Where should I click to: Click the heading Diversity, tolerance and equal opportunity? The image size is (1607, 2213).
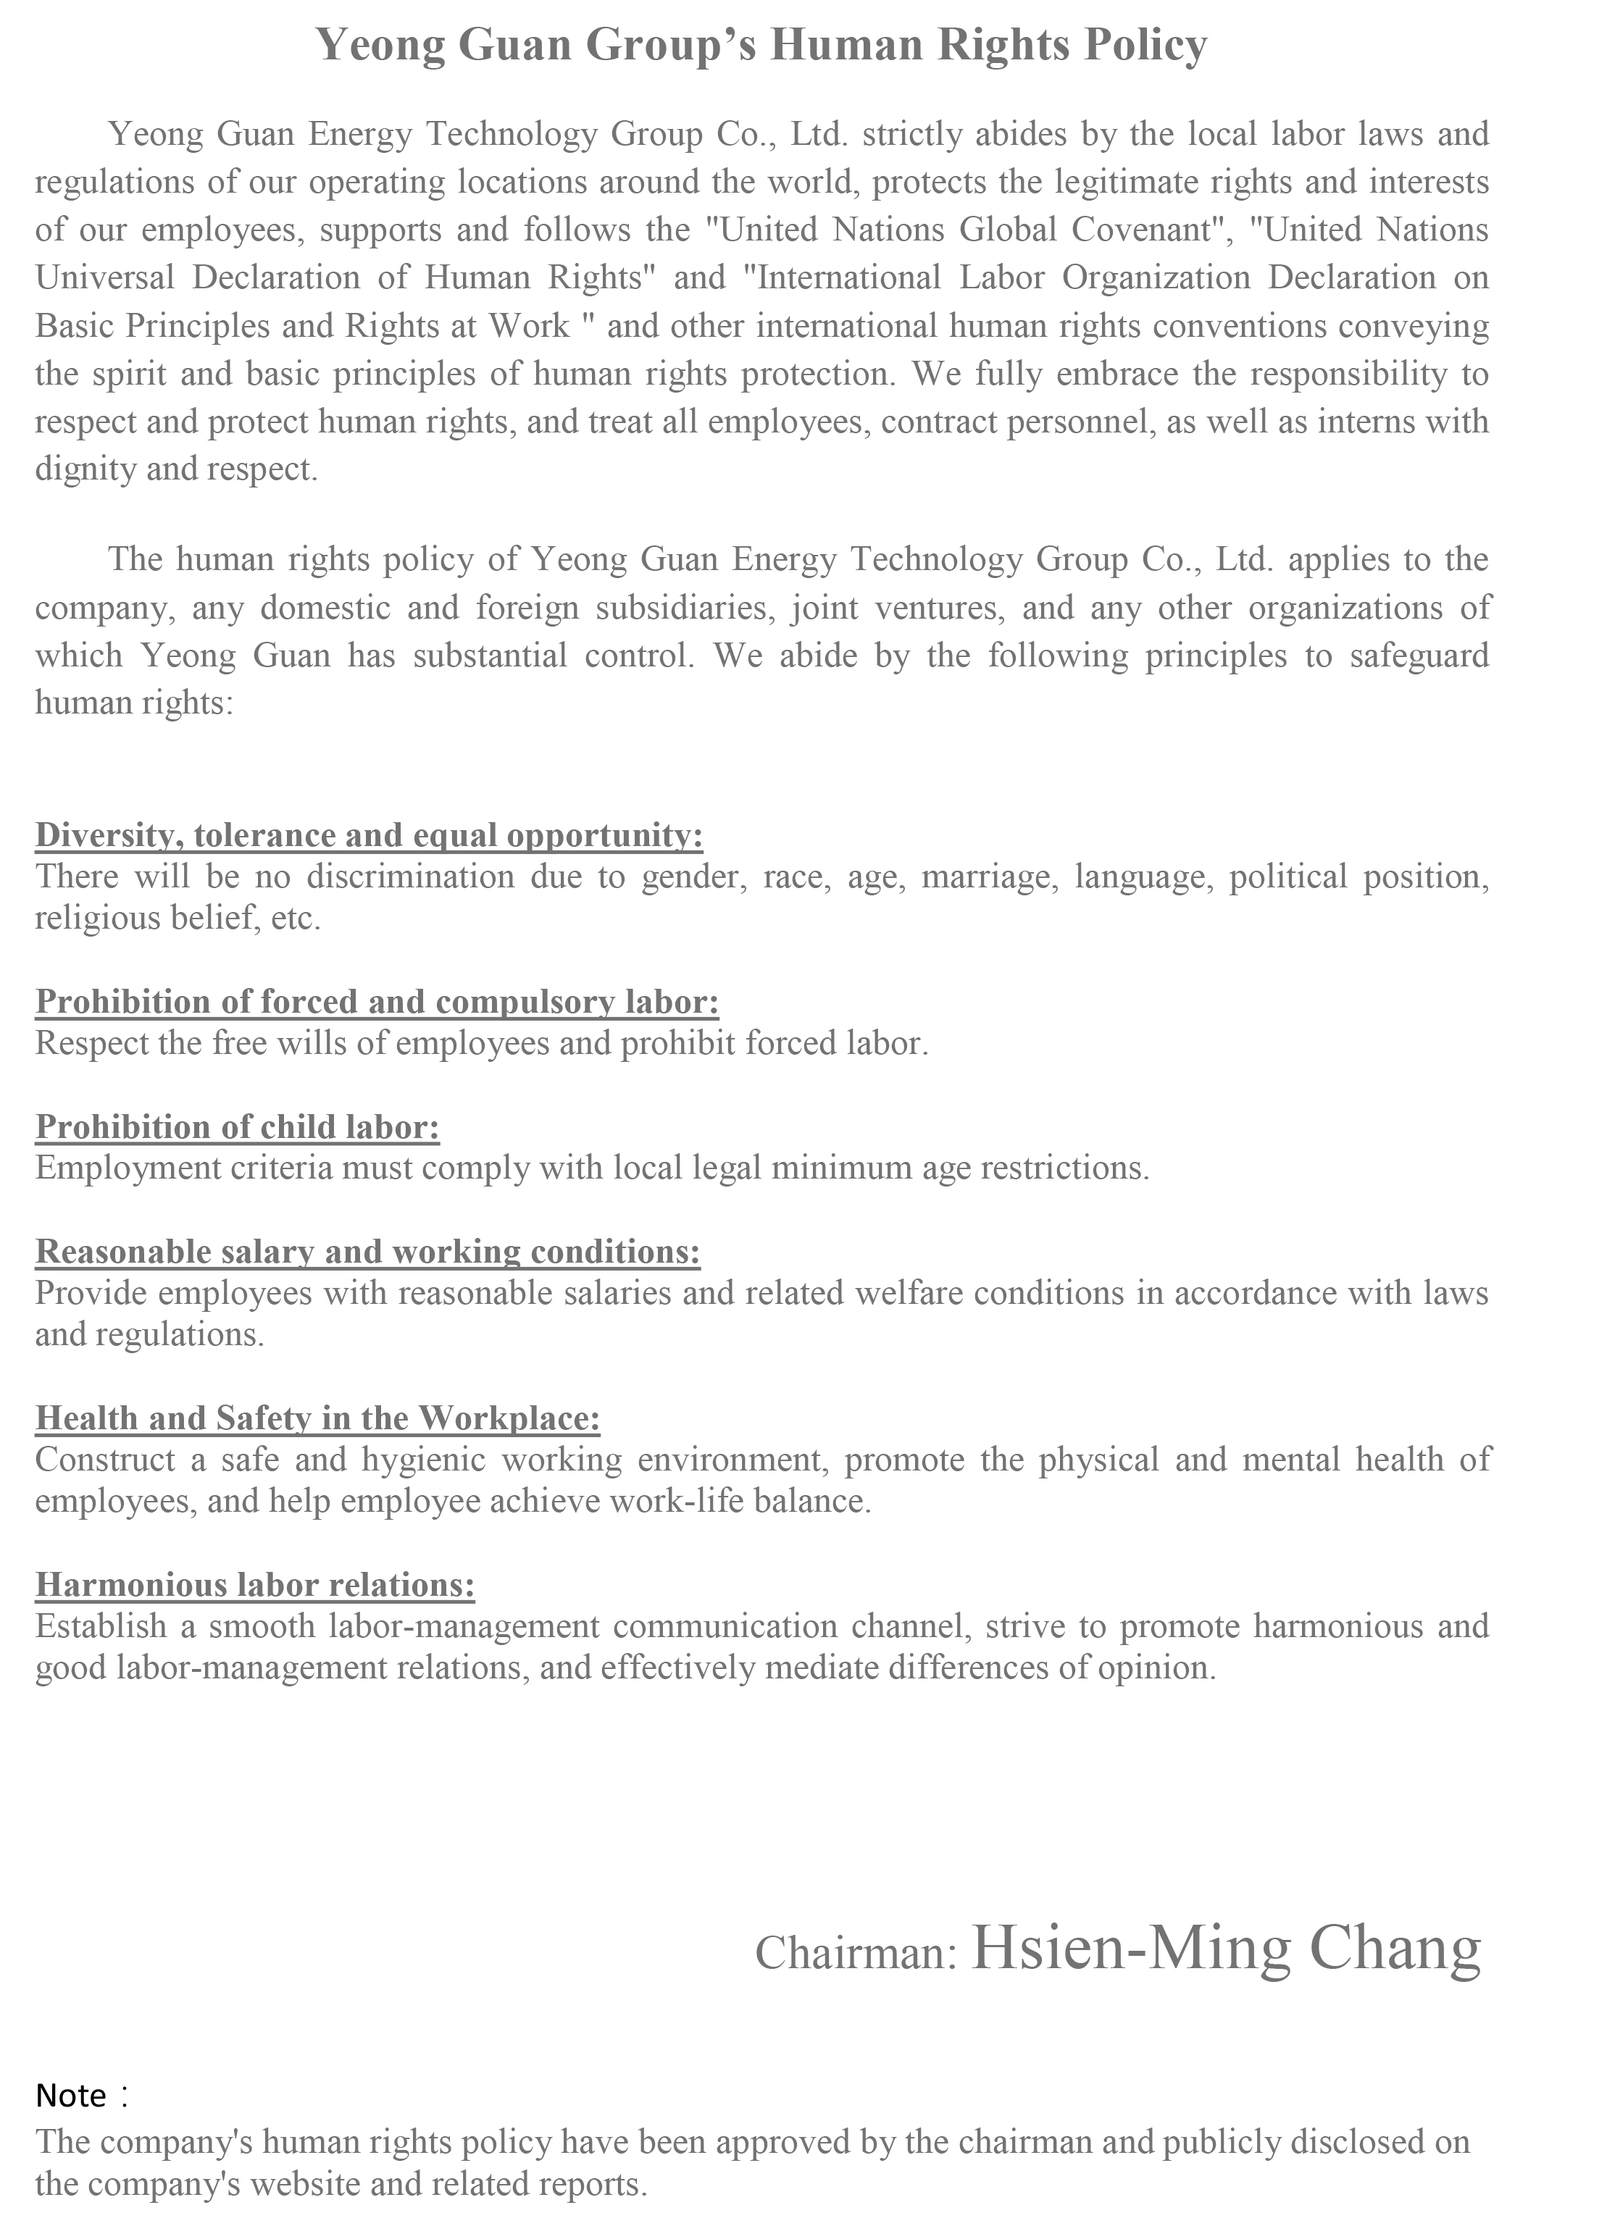point(369,835)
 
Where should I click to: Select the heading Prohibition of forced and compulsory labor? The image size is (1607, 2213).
point(377,1002)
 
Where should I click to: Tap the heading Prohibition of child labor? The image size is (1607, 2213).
point(237,1127)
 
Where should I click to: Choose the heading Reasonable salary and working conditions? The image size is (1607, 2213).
point(368,1252)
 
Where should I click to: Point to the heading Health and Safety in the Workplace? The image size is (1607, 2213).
point(317,1418)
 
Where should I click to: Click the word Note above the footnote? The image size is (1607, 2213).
point(70,2095)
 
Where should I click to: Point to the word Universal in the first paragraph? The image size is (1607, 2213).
point(104,277)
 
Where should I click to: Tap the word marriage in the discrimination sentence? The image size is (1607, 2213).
point(988,877)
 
